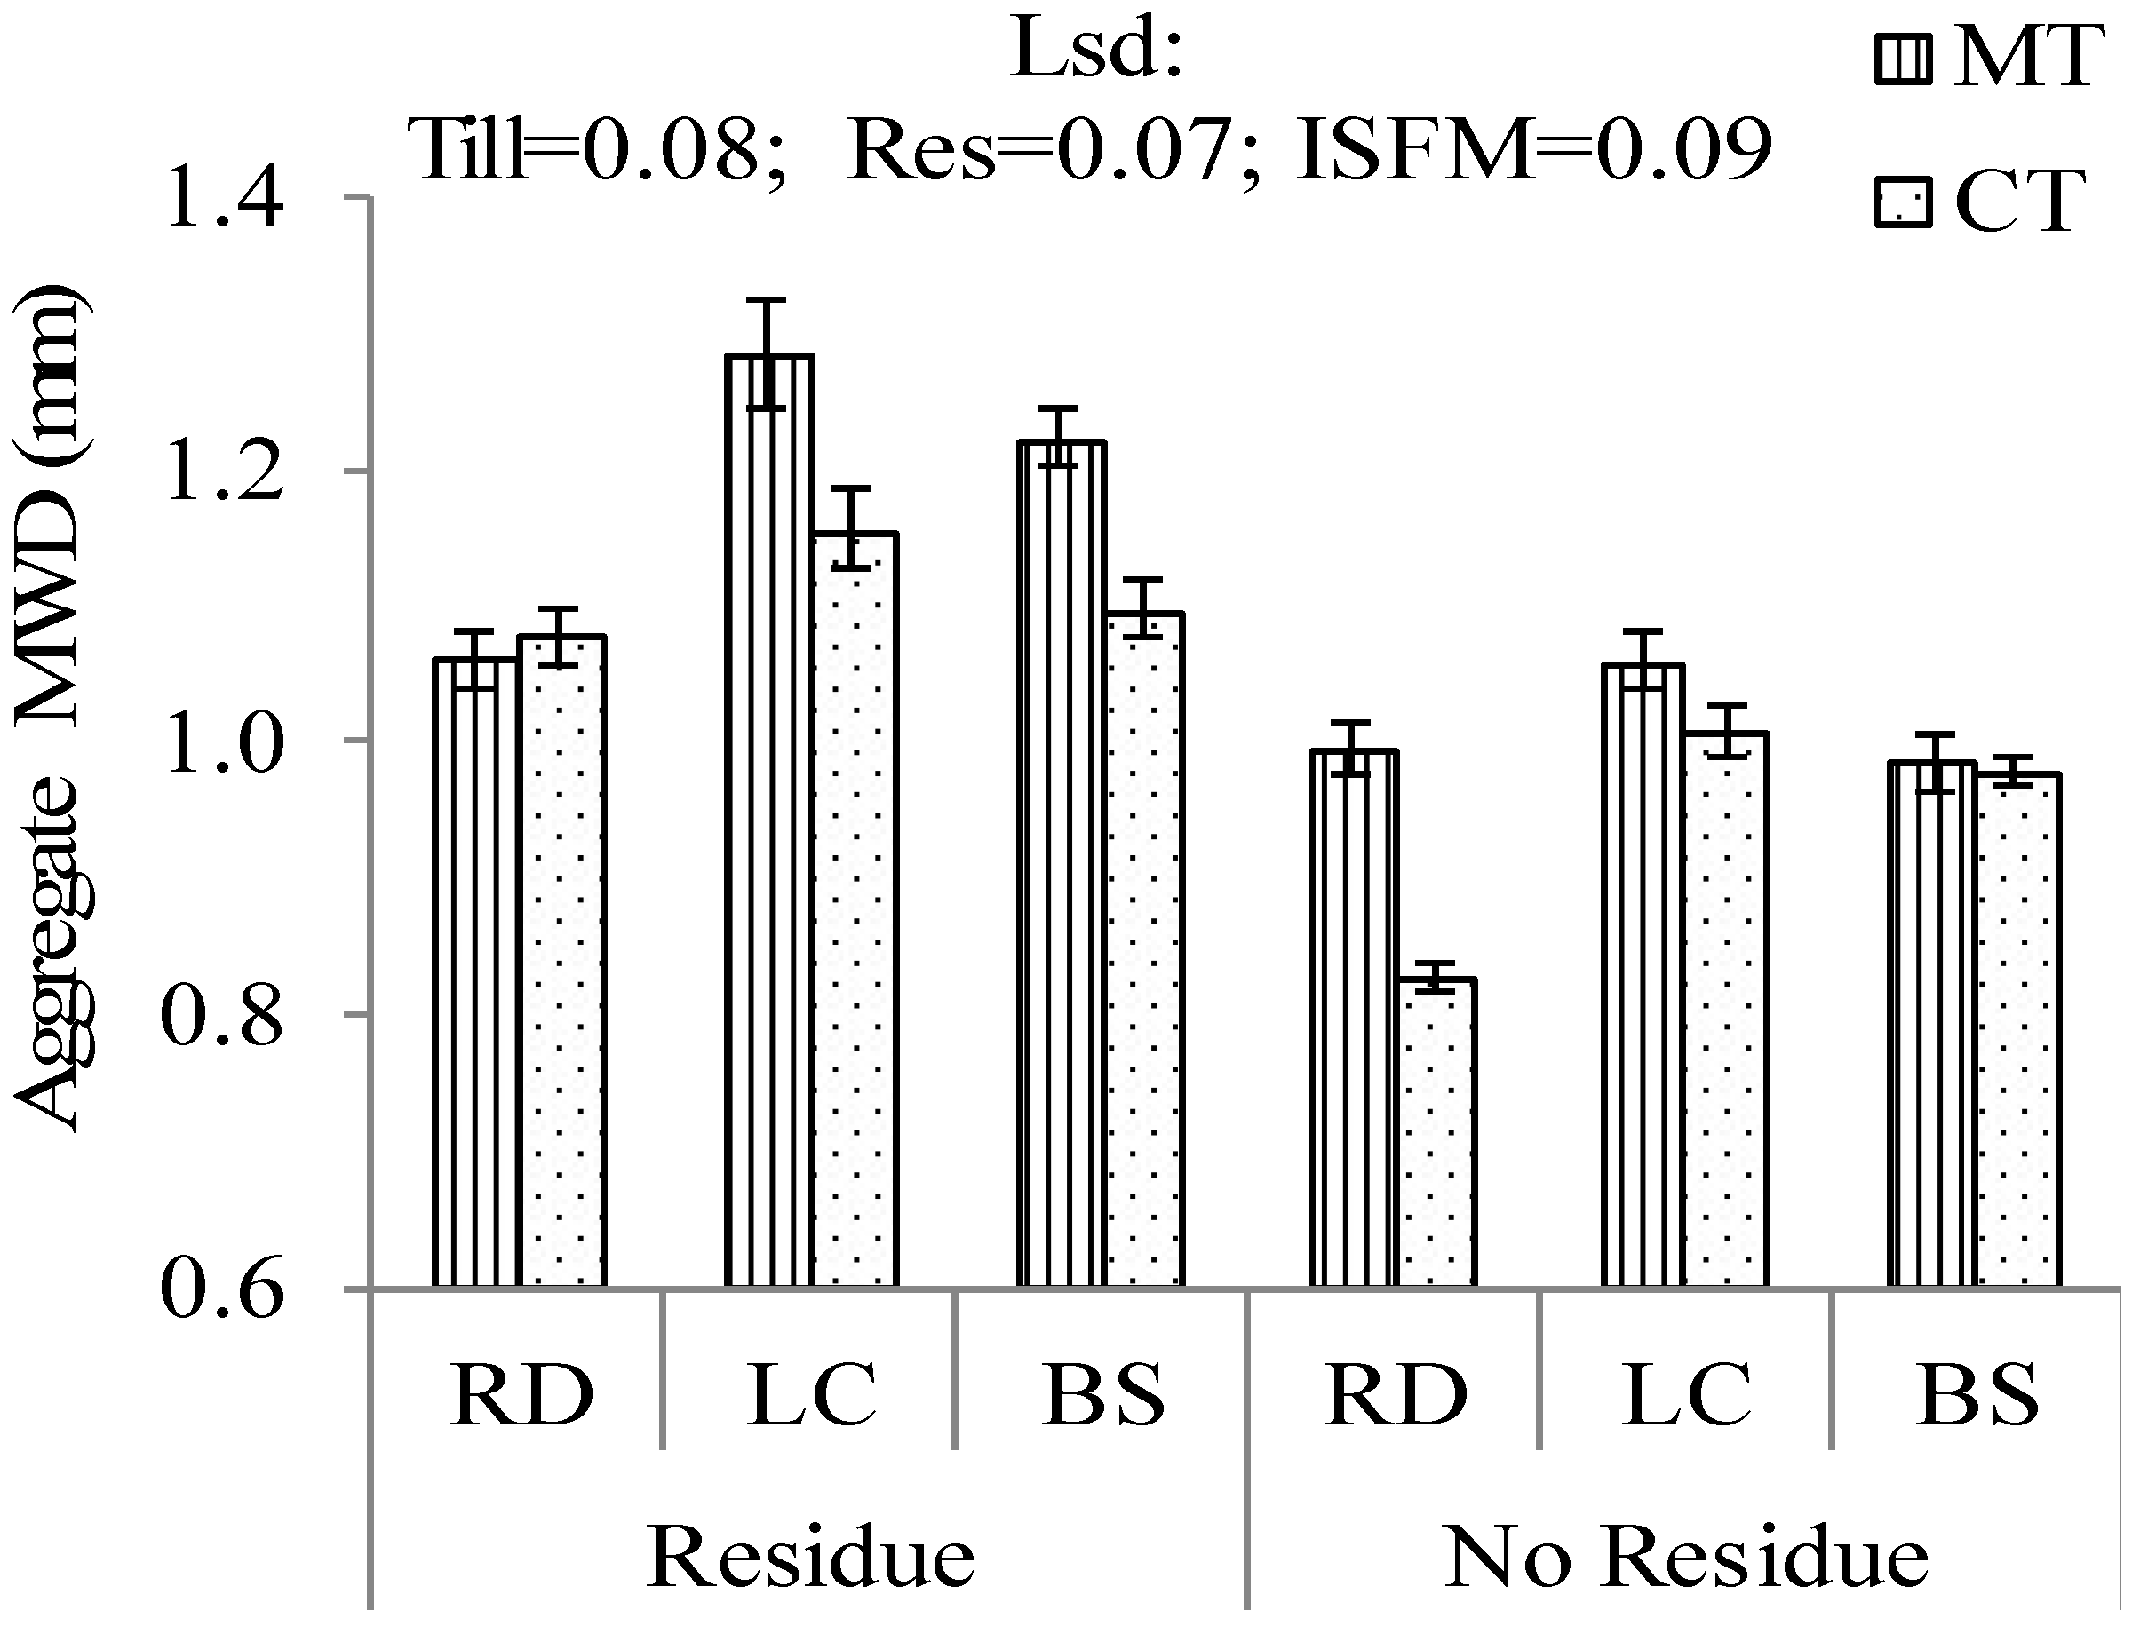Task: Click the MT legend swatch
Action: point(1903,60)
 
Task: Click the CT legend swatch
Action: point(1903,202)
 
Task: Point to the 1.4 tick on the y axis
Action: point(225,200)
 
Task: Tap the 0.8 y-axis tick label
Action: point(223,1015)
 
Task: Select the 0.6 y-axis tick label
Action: point(223,1289)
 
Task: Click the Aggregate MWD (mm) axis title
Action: point(53,707)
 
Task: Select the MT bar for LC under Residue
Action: point(768,822)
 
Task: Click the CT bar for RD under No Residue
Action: point(1436,1132)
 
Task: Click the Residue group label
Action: point(810,1558)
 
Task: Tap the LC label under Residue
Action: point(810,1395)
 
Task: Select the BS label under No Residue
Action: point(1977,1395)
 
